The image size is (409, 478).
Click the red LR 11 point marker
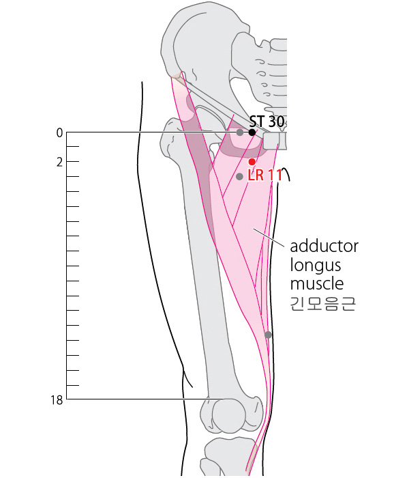coord(252,162)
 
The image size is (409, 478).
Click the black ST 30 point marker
coord(252,132)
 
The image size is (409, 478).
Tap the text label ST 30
coord(267,122)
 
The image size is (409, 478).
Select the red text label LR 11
coord(265,175)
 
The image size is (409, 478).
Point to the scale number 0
coord(59,133)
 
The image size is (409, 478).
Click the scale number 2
coord(60,163)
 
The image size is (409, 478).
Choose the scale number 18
coord(57,400)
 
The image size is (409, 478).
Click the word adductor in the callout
coord(324,246)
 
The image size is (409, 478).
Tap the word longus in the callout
coord(315,266)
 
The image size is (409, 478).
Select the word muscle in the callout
coord(317,283)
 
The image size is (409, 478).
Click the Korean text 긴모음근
coord(322,304)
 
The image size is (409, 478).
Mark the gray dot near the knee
coord(268,335)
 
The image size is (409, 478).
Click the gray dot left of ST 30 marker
coord(240,132)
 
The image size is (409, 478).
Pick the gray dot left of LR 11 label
coord(239,176)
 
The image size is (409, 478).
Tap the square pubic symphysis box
coord(271,141)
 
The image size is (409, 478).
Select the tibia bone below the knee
coord(231,458)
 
